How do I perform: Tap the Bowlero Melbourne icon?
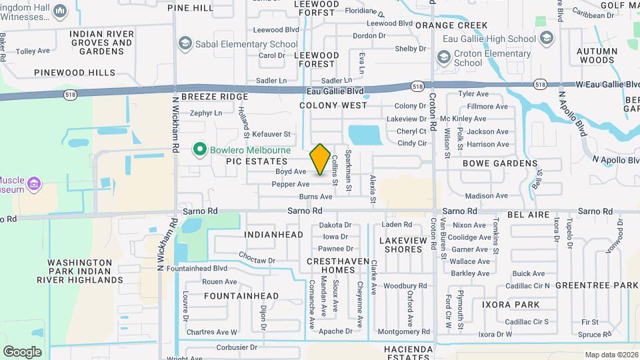[199, 149]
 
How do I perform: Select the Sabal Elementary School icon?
[184, 43]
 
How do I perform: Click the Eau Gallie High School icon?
[547, 39]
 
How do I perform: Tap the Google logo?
[22, 352]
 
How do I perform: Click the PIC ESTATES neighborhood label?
[257, 161]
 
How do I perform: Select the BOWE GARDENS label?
[500, 163]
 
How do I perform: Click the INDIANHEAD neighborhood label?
[274, 235]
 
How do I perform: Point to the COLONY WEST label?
[333, 105]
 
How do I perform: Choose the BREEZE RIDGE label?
[215, 97]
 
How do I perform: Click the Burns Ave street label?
[315, 197]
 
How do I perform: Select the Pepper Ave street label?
[291, 184]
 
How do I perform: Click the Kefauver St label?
[271, 135]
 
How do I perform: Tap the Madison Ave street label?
[482, 196]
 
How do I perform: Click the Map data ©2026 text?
[611, 355]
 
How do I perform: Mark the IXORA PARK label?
[511, 305]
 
